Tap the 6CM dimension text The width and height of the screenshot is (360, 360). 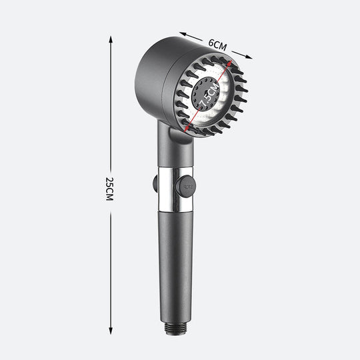click(217, 45)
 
